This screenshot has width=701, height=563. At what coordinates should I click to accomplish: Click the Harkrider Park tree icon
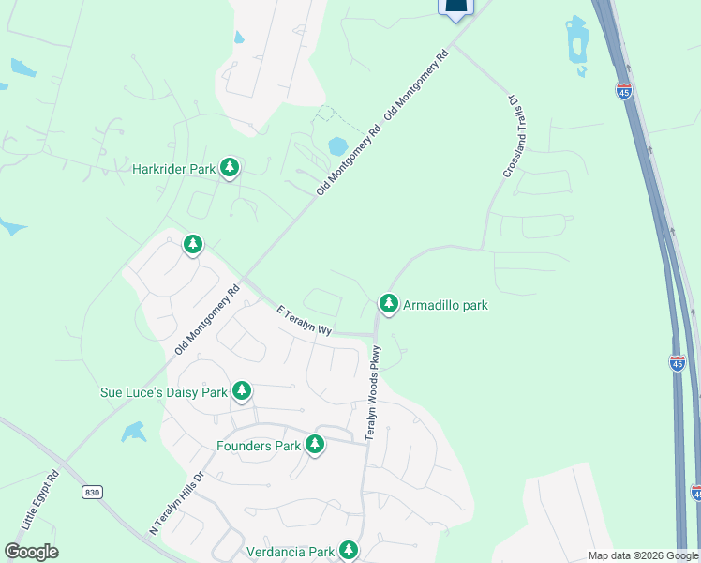click(x=230, y=169)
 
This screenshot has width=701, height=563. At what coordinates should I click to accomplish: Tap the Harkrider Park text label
click(x=174, y=169)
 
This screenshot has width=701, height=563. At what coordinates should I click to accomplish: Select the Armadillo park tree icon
click(x=389, y=304)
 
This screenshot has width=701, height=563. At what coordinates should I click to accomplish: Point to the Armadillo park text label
click(x=445, y=305)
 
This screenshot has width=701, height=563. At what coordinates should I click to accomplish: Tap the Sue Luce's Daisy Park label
click(x=164, y=392)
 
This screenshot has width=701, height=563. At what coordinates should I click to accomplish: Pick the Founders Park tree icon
click(x=315, y=445)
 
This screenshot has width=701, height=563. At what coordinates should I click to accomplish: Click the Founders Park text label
click(x=259, y=446)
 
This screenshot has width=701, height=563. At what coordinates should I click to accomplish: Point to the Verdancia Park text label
click(x=291, y=552)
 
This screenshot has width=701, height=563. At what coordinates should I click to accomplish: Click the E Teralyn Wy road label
click(x=305, y=320)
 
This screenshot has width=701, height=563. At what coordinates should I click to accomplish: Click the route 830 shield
click(x=91, y=492)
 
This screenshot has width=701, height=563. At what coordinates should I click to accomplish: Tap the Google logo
click(x=31, y=552)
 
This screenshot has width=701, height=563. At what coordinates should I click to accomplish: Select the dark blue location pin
click(x=455, y=8)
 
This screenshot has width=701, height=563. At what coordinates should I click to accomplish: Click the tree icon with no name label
click(x=193, y=246)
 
